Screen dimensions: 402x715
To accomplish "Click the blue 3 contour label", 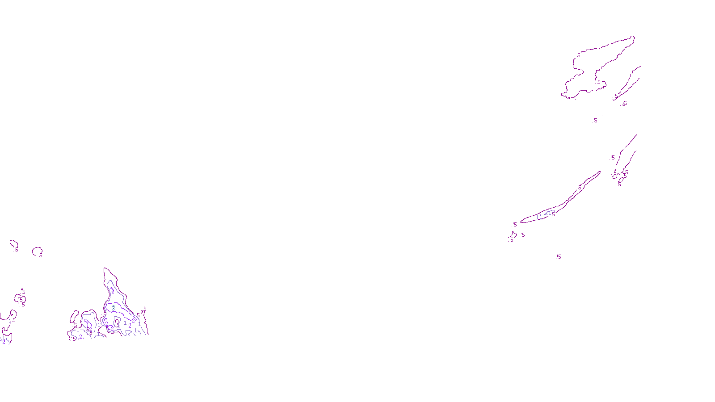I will coord(114,308).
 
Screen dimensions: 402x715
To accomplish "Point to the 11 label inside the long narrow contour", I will coord(539,217).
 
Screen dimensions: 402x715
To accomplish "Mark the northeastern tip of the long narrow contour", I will coord(600,172).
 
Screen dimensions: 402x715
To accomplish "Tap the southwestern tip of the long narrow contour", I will coord(522,222).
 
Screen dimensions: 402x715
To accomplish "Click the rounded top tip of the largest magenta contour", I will coord(632,37).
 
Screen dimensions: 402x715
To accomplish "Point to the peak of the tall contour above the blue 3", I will coord(105,269).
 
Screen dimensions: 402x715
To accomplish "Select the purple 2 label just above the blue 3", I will coord(112,291).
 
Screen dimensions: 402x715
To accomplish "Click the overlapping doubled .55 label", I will coord(625,104).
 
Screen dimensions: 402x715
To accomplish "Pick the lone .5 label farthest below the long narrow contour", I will coord(559,257).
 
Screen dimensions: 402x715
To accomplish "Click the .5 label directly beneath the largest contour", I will coord(595,121).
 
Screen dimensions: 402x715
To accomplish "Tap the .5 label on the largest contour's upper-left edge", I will coord(579,55).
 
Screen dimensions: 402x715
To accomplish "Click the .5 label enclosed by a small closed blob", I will coord(21,299).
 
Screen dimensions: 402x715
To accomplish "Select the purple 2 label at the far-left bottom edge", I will coord(4,342).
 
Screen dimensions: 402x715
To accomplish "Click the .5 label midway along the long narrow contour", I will coord(580,188).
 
